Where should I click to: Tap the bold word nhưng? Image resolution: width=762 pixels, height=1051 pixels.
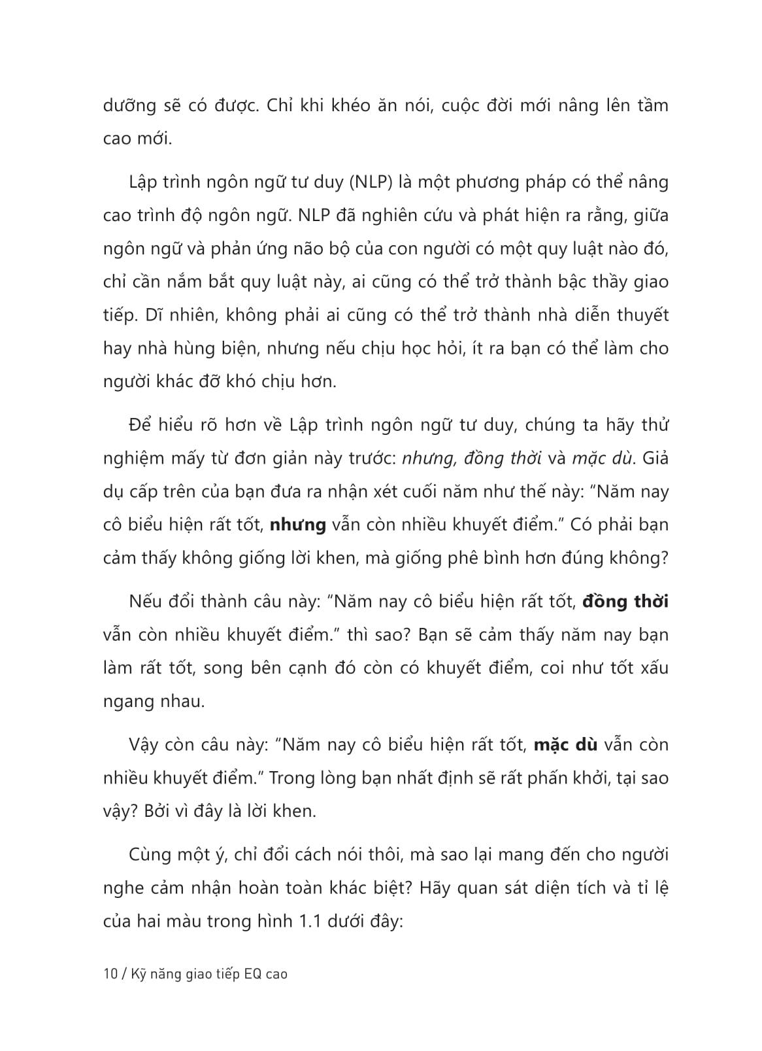tap(297, 525)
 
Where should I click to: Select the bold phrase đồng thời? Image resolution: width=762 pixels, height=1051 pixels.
tap(625, 601)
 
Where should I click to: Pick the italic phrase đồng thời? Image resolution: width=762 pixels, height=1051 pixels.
tap(503, 458)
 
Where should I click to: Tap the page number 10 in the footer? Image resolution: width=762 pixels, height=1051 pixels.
tap(110, 974)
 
